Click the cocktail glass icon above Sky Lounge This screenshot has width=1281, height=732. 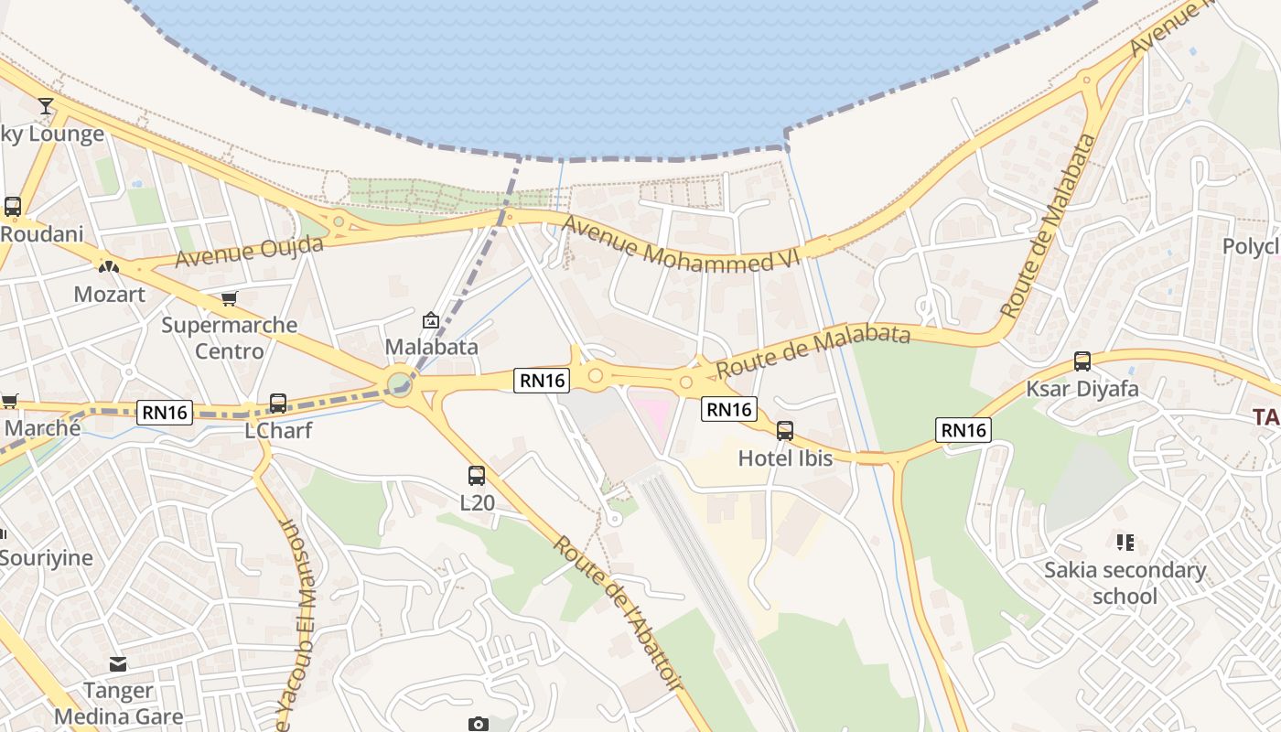point(46,105)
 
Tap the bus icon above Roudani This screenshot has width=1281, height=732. point(13,207)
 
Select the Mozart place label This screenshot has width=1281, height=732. point(109,295)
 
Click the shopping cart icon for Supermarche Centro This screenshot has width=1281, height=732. point(230,298)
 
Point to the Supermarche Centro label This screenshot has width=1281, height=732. point(230,338)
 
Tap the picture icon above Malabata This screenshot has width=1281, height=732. point(430,320)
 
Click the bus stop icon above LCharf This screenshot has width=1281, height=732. point(278,403)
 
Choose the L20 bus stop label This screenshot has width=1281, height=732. point(477,502)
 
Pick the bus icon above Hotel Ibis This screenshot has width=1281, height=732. point(784,431)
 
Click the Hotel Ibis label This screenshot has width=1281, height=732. point(785,457)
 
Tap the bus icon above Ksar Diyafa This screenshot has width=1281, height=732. point(1082,361)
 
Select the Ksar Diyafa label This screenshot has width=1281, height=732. point(1082,389)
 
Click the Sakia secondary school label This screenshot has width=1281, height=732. point(1125,583)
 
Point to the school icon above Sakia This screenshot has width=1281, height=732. point(1125,543)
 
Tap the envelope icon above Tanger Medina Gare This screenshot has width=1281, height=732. point(118,663)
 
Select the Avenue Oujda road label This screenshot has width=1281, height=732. point(249,251)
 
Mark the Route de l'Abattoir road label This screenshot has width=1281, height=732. point(619,610)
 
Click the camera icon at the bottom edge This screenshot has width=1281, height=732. point(478,725)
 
